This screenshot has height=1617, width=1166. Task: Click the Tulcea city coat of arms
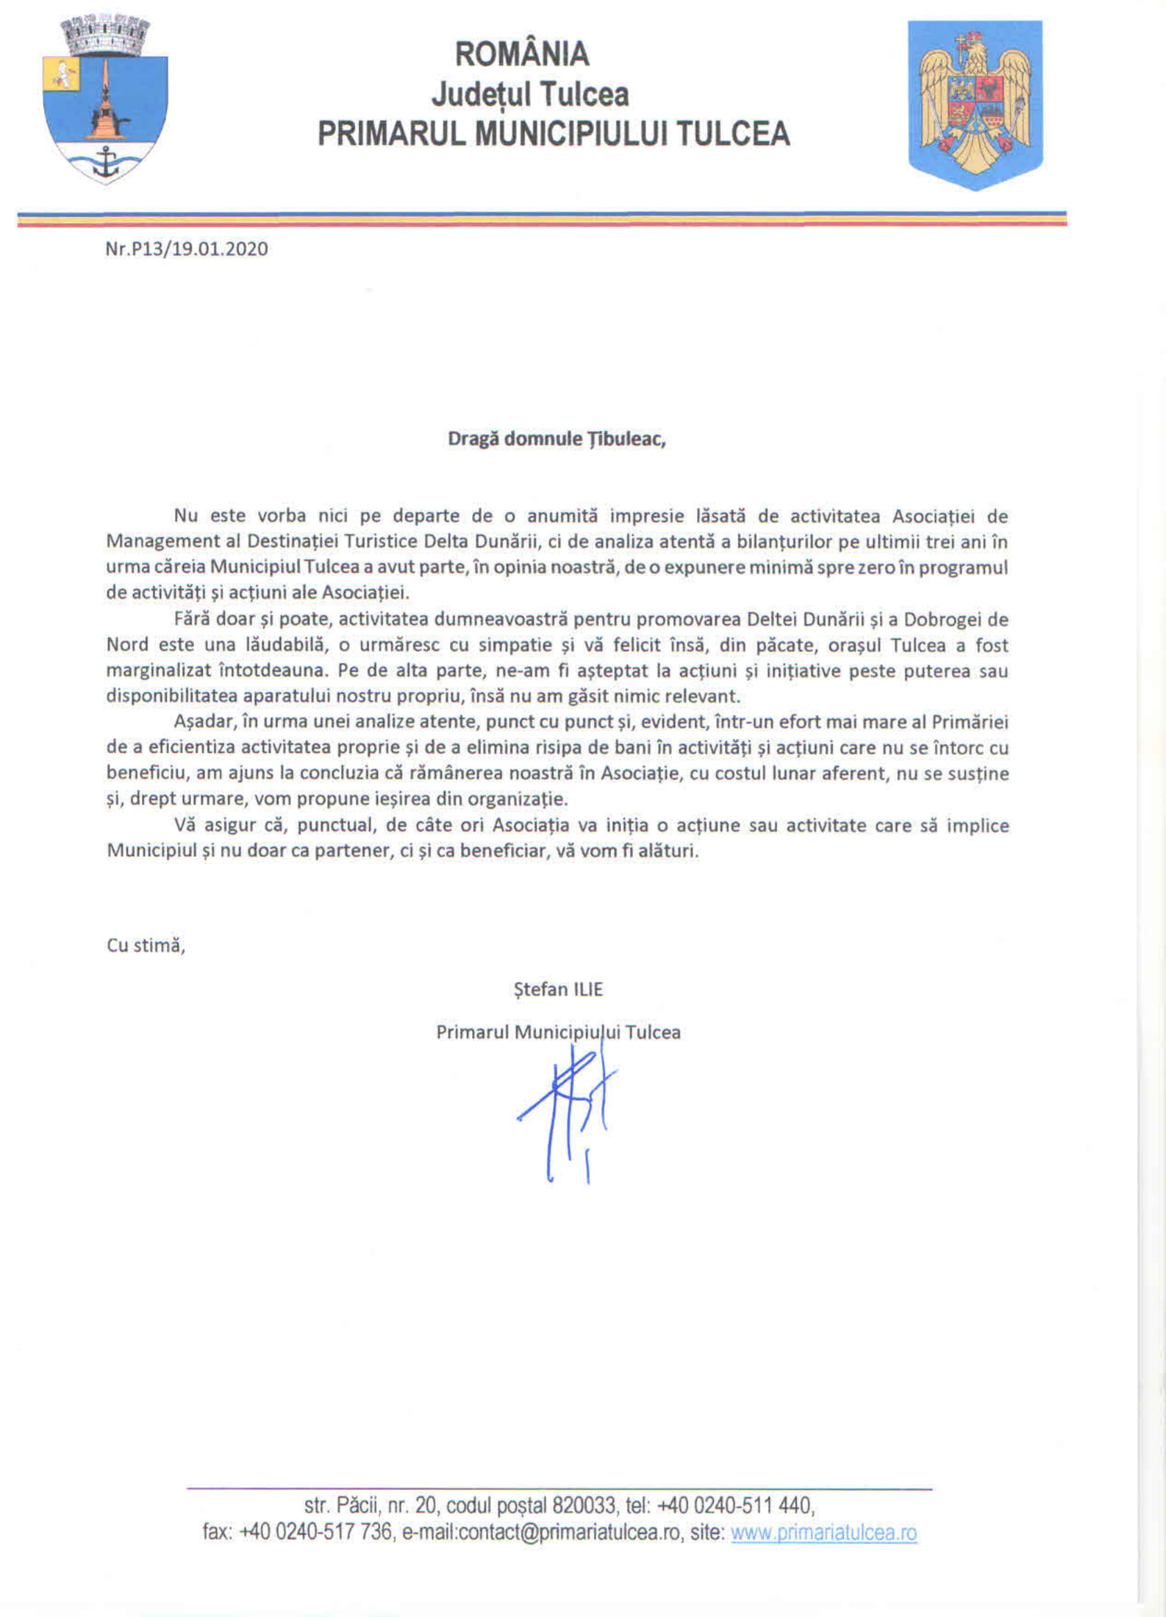coord(105,100)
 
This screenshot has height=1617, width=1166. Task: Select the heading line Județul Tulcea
coord(530,94)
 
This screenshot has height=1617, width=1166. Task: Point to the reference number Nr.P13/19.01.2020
coord(187,249)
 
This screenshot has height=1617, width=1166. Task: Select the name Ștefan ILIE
coord(558,989)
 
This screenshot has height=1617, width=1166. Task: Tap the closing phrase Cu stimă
coord(145,946)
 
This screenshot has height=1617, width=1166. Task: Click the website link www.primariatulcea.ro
coord(824,1533)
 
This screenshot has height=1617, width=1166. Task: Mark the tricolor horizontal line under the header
coord(541,219)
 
